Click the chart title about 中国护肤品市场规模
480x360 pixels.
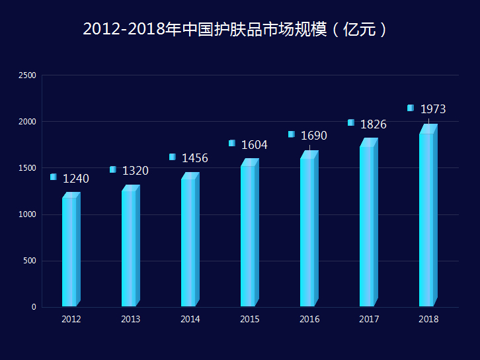[x=235, y=30]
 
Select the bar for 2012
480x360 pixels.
[x=71, y=251]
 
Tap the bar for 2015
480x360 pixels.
[x=249, y=235]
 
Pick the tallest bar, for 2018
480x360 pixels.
[x=428, y=218]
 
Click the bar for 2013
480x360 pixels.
[x=130, y=248]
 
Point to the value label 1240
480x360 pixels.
[x=76, y=179]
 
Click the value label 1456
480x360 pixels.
[x=195, y=158]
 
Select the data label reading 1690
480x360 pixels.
[x=314, y=136]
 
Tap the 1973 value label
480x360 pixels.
[x=433, y=109]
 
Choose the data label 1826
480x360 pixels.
[x=374, y=124]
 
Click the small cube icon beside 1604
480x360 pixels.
[x=232, y=143]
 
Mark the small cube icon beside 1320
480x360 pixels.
[x=113, y=169]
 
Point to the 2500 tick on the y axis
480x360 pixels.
[x=27, y=75]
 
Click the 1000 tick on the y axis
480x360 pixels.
[x=27, y=214]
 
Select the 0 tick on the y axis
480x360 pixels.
[x=33, y=307]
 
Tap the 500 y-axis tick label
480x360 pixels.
[x=29, y=261]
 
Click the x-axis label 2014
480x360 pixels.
[x=190, y=320]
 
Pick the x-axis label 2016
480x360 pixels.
[x=309, y=320]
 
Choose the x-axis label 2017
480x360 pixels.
[x=369, y=320]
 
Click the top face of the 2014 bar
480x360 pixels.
[x=191, y=176]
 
